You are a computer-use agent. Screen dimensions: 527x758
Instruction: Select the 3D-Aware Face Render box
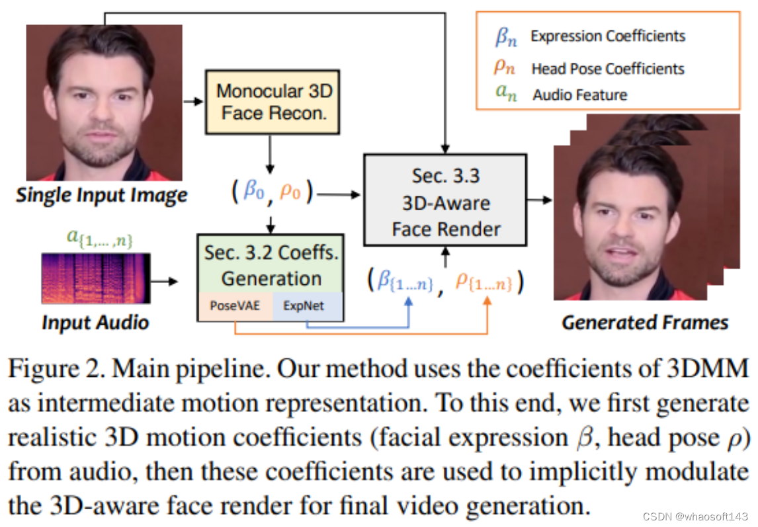click(x=445, y=202)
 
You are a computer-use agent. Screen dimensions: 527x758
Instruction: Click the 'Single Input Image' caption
click(x=102, y=196)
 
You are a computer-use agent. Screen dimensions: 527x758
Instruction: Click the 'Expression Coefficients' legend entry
click(x=608, y=36)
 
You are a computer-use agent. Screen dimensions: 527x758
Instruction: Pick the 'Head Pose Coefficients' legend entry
click(x=608, y=68)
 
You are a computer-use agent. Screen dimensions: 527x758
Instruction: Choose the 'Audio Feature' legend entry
click(x=580, y=95)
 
